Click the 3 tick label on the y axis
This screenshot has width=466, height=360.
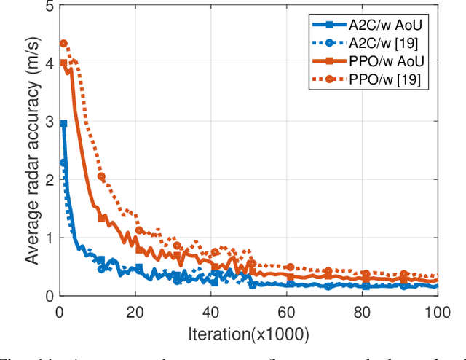click(x=49, y=122)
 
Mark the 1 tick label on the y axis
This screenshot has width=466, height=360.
click(x=49, y=238)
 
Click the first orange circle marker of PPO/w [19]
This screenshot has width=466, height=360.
click(x=63, y=44)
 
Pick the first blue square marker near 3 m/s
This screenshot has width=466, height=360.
click(x=63, y=125)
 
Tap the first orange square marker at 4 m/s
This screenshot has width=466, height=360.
click(x=63, y=63)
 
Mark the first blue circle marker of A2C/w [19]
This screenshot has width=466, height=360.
click(x=63, y=163)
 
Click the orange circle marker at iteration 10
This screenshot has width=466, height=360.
click(x=101, y=176)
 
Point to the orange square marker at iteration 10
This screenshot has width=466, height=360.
click(x=101, y=218)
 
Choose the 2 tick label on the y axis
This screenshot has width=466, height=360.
click(x=49, y=180)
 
